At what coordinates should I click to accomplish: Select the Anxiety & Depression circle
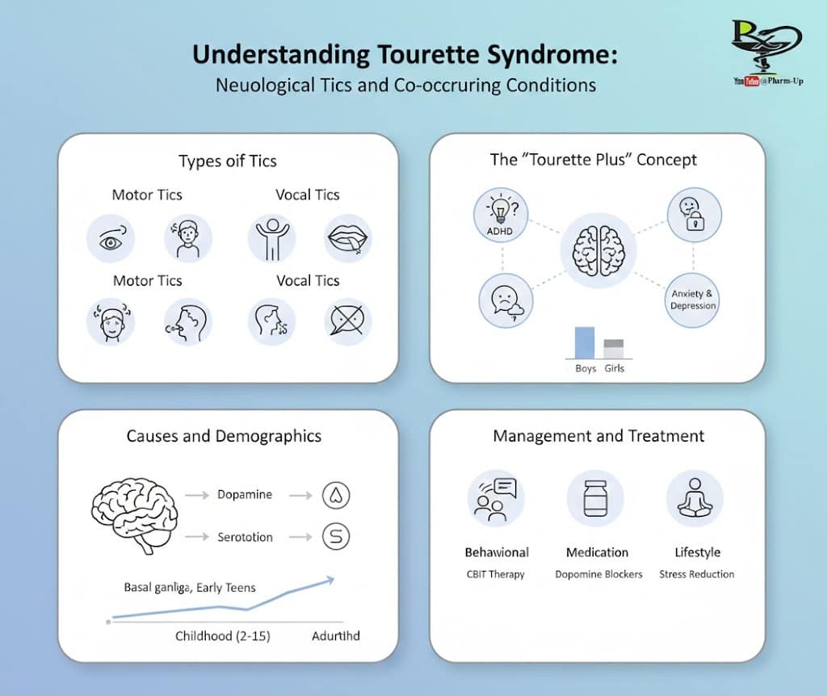pos(693,300)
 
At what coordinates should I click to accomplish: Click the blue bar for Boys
pos(584,342)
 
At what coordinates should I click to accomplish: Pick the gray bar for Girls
pos(614,349)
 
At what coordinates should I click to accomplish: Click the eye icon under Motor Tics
pos(111,238)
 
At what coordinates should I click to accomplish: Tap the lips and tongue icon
pos(349,238)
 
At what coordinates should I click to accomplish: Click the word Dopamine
pos(246,494)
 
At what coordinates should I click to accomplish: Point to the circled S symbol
pos(335,536)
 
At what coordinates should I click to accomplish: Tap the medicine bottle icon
pos(595,497)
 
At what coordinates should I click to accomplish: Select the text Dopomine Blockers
pos(598,574)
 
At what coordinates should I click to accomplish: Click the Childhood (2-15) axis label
pos(223,636)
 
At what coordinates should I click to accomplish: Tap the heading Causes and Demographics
pos(224,436)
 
